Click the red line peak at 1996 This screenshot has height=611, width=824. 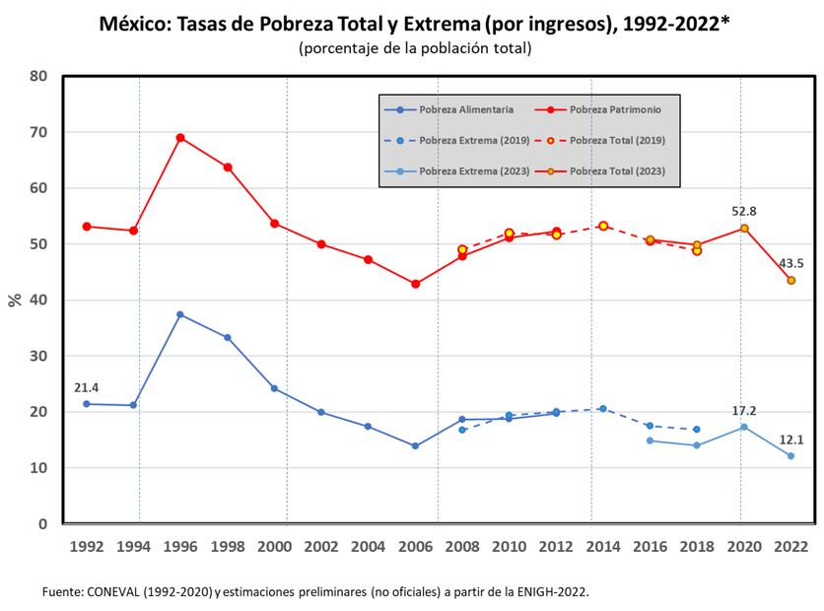[x=180, y=138]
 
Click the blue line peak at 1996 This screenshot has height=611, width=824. [x=180, y=314]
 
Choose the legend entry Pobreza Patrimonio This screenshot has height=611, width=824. [x=608, y=110]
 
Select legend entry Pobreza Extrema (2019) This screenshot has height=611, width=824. [x=460, y=141]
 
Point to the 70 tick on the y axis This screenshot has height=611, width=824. [x=38, y=132]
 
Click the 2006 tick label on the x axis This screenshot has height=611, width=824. [x=415, y=546]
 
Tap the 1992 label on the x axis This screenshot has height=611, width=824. [x=86, y=546]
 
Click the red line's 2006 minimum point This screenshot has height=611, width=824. [x=415, y=284]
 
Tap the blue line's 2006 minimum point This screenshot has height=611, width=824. [x=415, y=445]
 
